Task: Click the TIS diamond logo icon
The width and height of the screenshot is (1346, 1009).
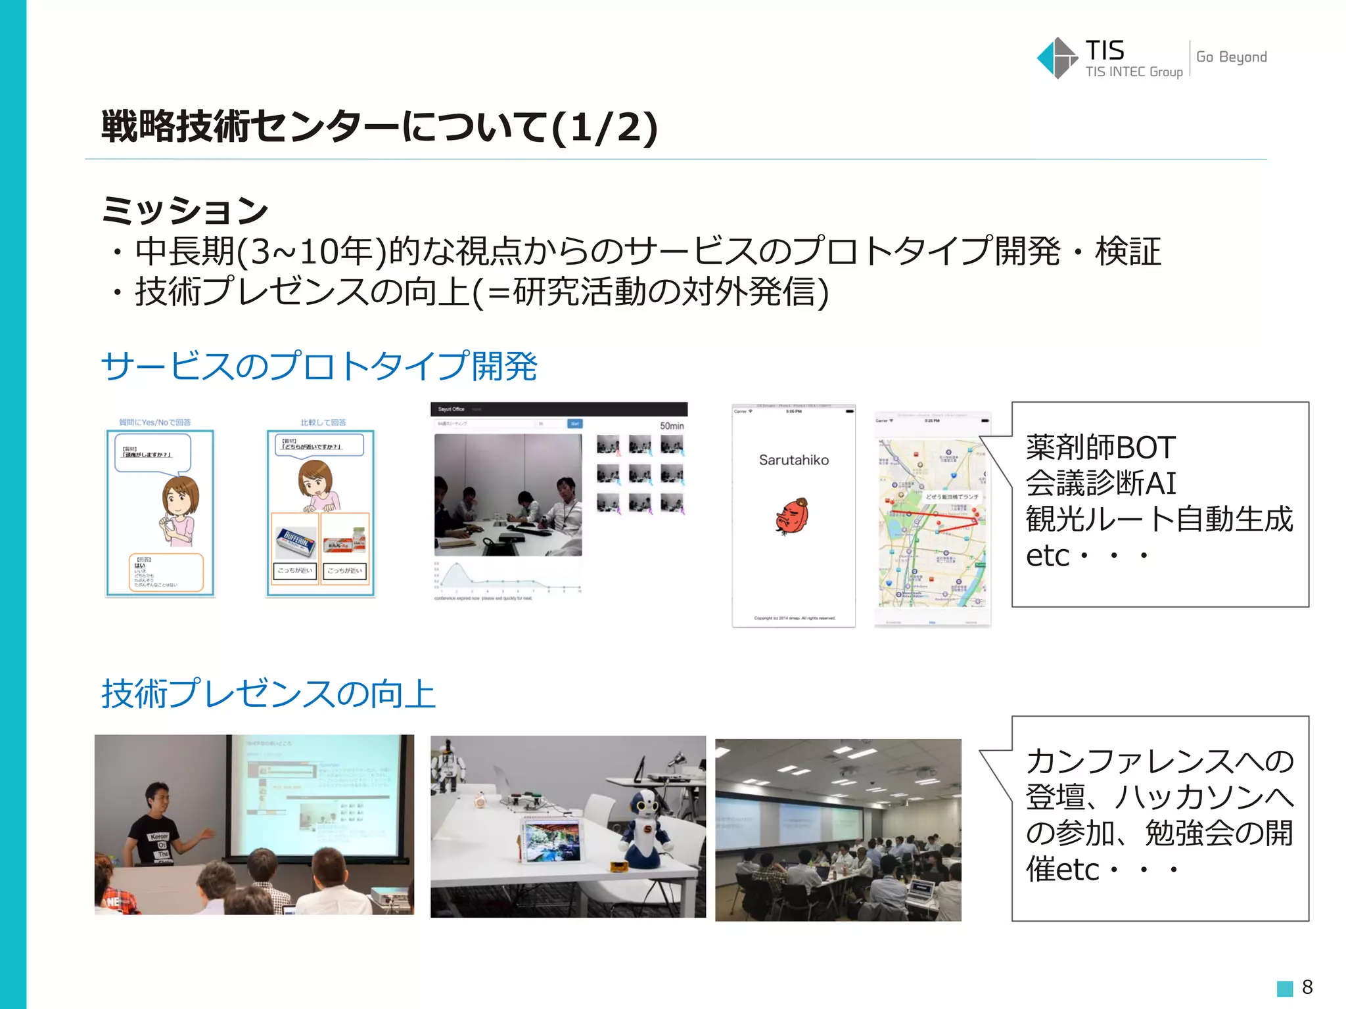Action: [1056, 58]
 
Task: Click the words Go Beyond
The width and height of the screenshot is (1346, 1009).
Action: [1231, 57]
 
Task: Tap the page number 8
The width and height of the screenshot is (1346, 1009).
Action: [1307, 987]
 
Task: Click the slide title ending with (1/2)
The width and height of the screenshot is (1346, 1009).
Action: [379, 126]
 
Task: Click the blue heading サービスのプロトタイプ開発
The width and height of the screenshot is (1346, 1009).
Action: [319, 366]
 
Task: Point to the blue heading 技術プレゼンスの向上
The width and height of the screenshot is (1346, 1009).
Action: [269, 694]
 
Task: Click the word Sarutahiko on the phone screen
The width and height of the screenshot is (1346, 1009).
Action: [793, 460]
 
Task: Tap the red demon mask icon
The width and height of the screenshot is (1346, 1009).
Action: [793, 516]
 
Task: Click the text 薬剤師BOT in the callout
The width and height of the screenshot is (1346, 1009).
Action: [1100, 448]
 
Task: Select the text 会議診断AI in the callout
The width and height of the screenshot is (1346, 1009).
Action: [1100, 483]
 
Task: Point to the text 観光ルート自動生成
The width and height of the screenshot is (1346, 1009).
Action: [1159, 519]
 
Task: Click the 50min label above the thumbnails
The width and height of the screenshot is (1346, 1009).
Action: [672, 426]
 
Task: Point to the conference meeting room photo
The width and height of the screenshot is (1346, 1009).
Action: [508, 495]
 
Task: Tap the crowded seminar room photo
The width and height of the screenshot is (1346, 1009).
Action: [838, 830]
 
